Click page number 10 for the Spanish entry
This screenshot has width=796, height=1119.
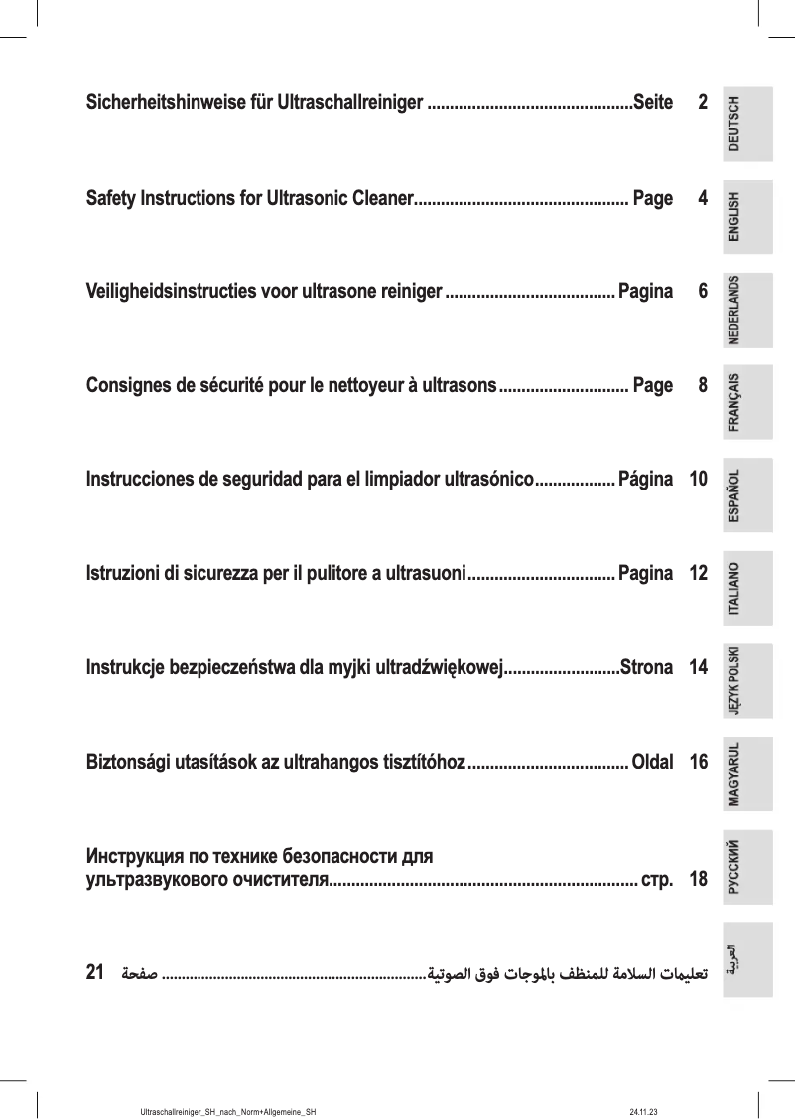(x=698, y=480)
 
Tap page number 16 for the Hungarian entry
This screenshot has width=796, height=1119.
(x=698, y=763)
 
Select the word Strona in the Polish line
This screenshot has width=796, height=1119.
(x=646, y=668)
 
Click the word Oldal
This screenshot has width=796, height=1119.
(x=652, y=763)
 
